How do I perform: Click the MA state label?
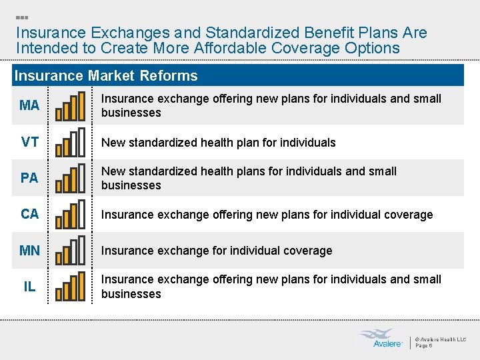(x=29, y=105)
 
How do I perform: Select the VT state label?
(x=29, y=142)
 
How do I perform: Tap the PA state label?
(x=29, y=178)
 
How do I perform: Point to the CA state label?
(x=29, y=214)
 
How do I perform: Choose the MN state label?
(x=29, y=251)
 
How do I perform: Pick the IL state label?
(x=29, y=287)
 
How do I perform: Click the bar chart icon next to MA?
(x=70, y=107)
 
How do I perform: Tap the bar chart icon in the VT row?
(x=70, y=143)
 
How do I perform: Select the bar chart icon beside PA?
(x=70, y=179)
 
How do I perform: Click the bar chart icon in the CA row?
(x=70, y=215)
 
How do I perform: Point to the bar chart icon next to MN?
(x=70, y=251)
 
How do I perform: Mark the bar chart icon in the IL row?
(x=70, y=287)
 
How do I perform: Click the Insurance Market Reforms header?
(x=106, y=75)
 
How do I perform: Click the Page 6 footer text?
(x=425, y=345)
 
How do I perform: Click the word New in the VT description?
(x=113, y=142)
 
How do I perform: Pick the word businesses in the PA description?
(x=131, y=185)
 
